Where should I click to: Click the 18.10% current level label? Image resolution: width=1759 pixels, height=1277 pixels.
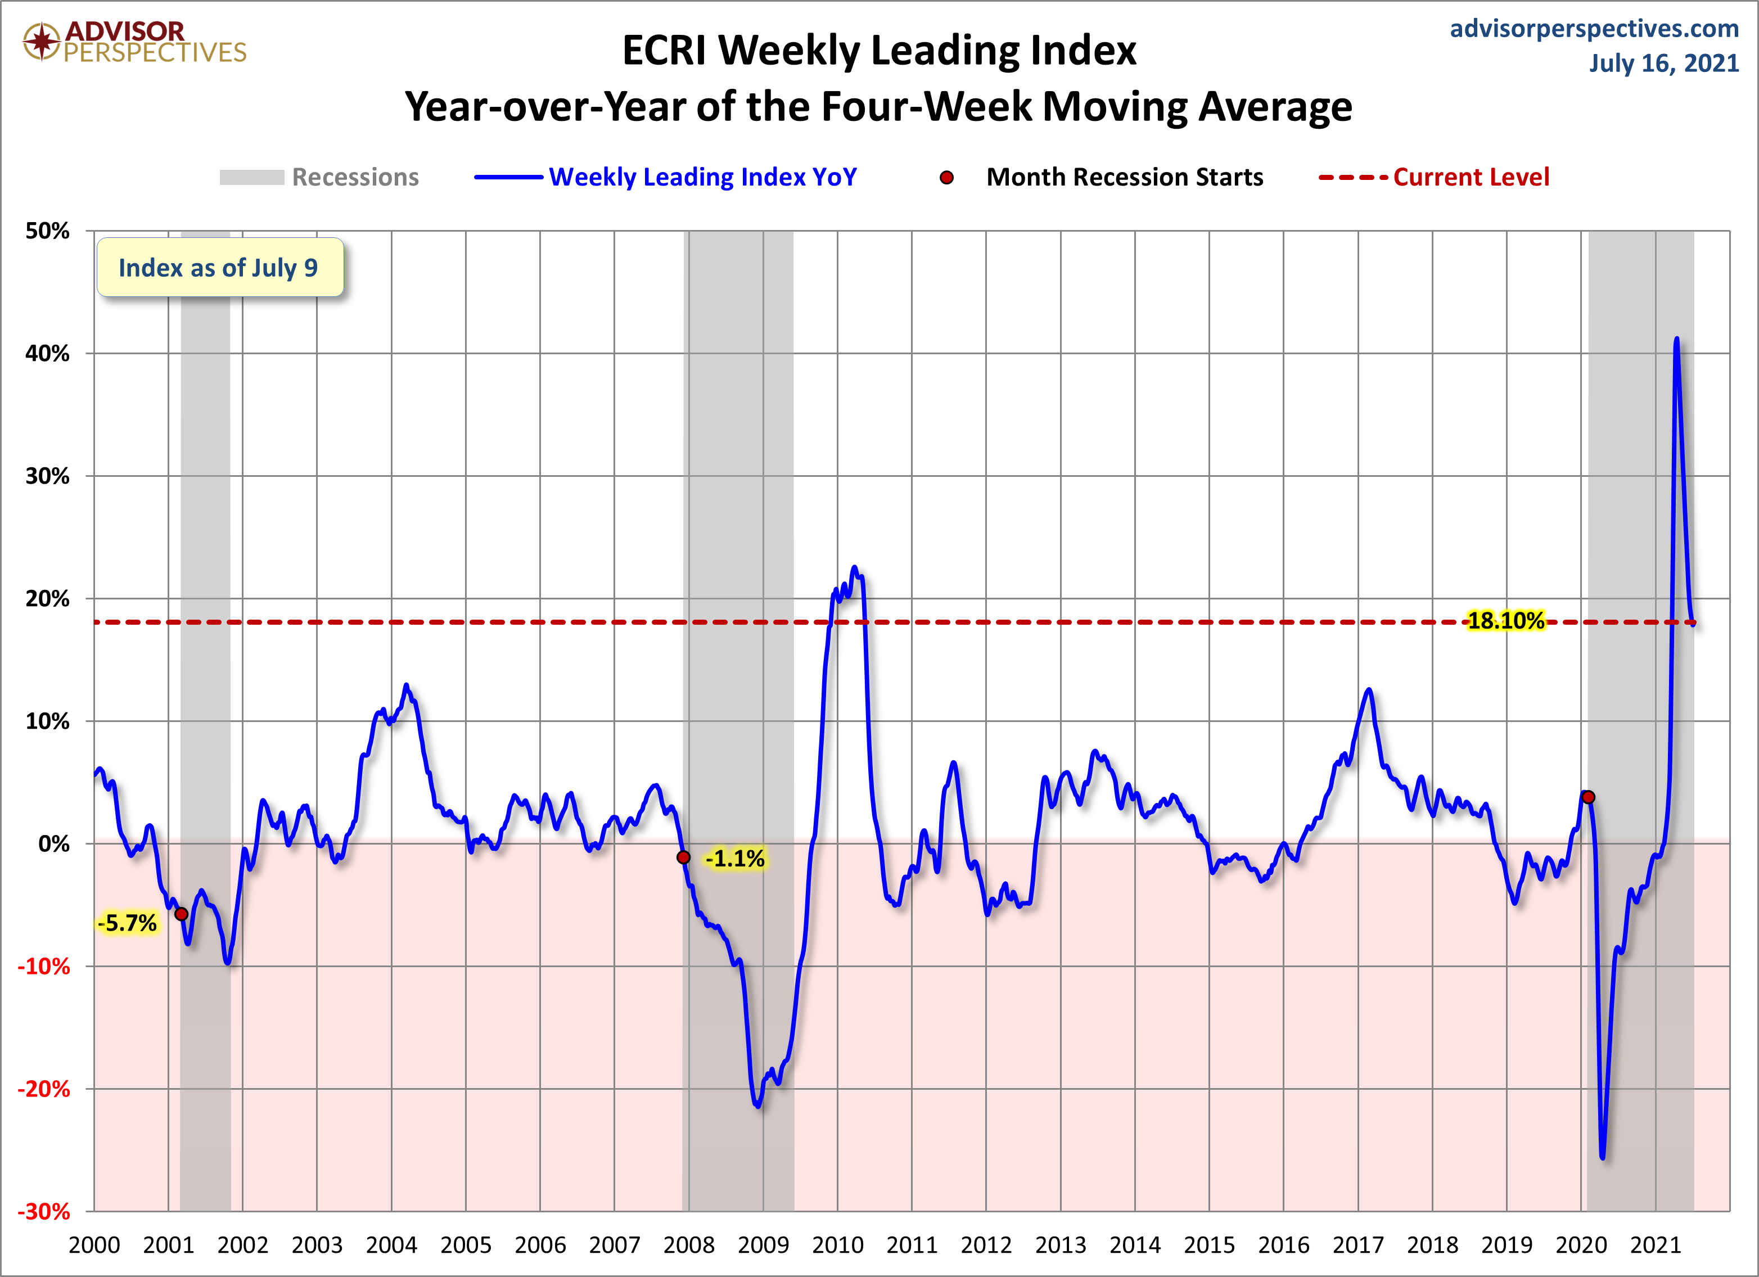1505,621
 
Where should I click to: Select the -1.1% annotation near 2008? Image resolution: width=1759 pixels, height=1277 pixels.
735,858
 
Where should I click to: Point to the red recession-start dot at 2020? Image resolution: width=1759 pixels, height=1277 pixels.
1589,797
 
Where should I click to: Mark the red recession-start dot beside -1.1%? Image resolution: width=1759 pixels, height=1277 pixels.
683,857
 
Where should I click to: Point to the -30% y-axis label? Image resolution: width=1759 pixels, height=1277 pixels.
44,1211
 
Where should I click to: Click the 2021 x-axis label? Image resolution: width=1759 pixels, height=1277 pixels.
1655,1245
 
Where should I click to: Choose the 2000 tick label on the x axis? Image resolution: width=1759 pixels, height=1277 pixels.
94,1245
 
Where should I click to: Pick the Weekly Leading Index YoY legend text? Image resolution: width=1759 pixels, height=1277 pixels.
703,178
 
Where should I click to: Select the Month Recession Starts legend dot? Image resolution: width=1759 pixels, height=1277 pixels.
946,178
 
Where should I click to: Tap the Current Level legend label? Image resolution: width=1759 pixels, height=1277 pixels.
1471,178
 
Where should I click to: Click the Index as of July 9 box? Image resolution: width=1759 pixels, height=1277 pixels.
219,268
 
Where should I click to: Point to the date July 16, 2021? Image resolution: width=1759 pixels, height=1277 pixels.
1663,63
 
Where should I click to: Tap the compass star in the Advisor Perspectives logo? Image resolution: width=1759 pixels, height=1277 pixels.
42,41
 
